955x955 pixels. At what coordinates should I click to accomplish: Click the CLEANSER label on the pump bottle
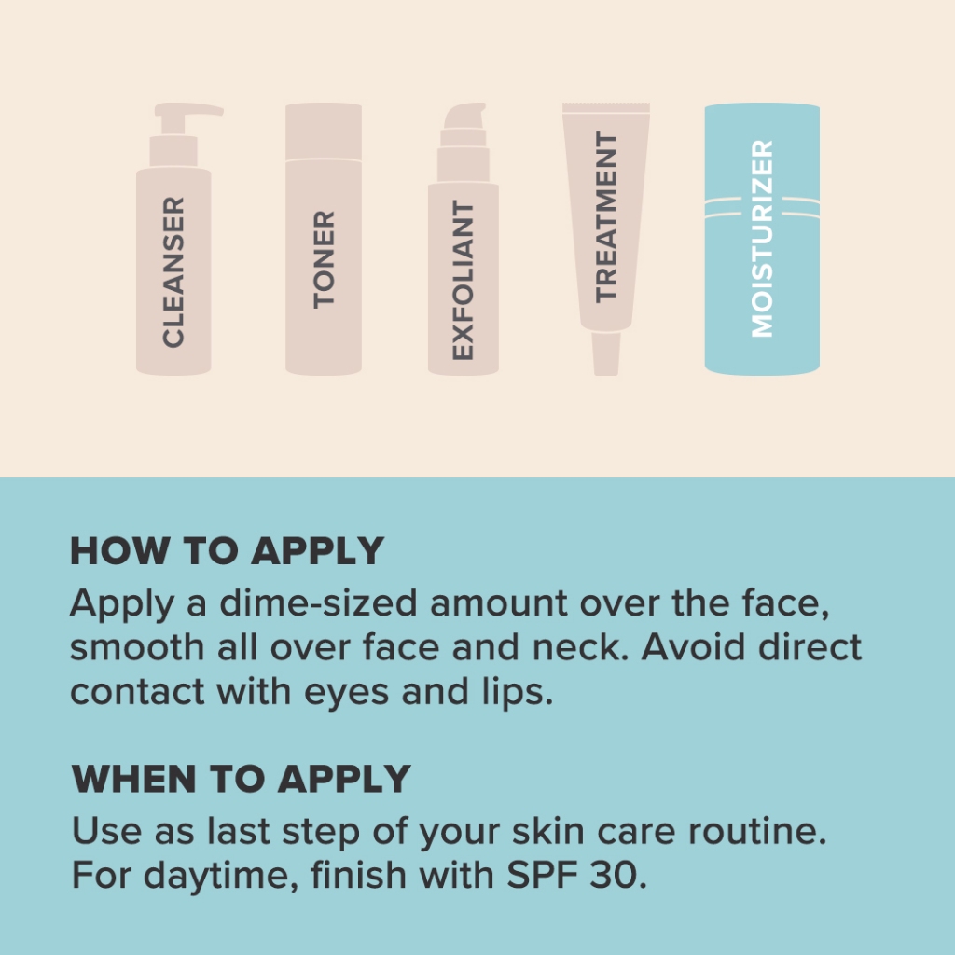coord(173,272)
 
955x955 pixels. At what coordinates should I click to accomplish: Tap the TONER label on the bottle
coord(324,259)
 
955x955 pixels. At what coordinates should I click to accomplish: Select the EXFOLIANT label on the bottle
coord(463,280)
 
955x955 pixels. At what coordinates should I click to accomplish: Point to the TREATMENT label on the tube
coord(606,216)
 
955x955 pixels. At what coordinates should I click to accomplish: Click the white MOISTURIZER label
coord(763,238)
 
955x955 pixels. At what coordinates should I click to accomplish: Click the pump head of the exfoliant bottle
coord(464,116)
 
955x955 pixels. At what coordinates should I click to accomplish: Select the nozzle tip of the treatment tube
coord(606,353)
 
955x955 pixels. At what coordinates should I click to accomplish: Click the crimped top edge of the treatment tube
coord(606,108)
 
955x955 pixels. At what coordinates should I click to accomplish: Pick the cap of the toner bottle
coord(324,131)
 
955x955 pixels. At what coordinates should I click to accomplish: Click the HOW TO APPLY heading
coord(228,551)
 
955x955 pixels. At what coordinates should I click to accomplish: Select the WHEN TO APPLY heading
coord(242,779)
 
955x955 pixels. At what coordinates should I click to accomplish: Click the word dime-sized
coord(318,603)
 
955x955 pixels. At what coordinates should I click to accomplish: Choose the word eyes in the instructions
coord(346,694)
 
